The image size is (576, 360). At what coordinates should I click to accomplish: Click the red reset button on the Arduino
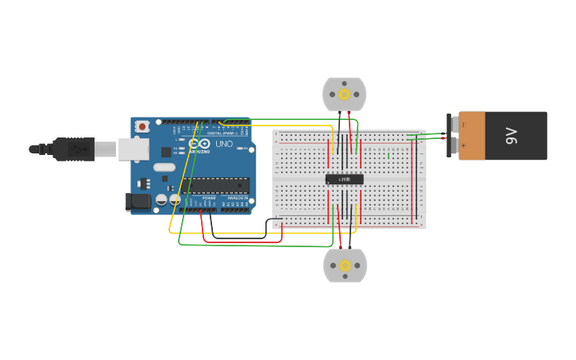[x=142, y=126]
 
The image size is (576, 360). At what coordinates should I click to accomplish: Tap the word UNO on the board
[x=224, y=145]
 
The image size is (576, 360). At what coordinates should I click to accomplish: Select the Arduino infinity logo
[x=199, y=144]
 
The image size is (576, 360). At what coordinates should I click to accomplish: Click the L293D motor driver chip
[x=344, y=180]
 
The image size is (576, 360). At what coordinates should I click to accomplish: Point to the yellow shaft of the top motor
[x=344, y=95]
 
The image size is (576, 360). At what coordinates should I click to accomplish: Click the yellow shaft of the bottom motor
[x=344, y=265]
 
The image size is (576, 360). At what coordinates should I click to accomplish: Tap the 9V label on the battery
[x=512, y=136]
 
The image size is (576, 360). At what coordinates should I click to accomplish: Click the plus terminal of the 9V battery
[x=452, y=146]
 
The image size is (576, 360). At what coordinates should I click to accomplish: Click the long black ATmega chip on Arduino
[x=215, y=186]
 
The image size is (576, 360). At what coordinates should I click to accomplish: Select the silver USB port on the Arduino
[x=133, y=149]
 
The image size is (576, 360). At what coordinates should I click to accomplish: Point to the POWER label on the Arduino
[x=209, y=198]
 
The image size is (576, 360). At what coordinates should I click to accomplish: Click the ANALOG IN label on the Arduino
[x=238, y=198]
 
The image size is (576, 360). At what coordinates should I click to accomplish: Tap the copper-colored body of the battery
[x=472, y=136]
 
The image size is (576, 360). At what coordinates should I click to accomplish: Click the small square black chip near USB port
[x=166, y=151]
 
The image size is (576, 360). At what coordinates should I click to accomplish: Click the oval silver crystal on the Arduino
[x=164, y=168]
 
